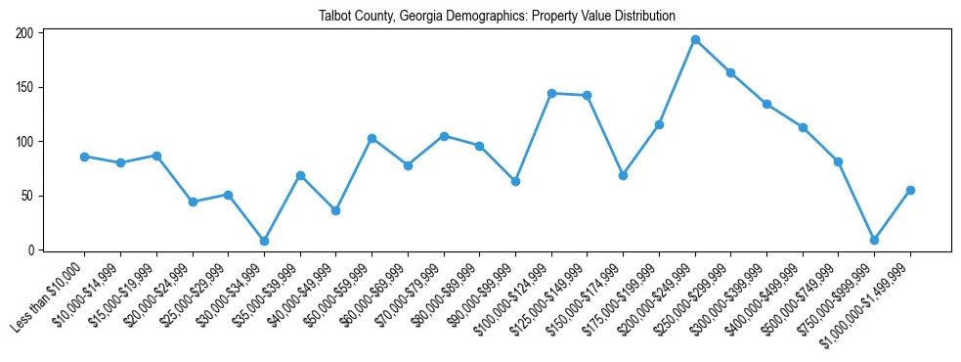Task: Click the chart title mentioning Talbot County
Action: pyautogui.click(x=497, y=17)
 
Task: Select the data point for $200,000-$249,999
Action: pyautogui.click(x=695, y=40)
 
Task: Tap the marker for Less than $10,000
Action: pyautogui.click(x=84, y=157)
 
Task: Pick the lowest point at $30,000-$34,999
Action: pyautogui.click(x=264, y=241)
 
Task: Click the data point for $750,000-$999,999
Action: pyautogui.click(x=874, y=240)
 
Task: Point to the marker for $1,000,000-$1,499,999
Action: pyautogui.click(x=910, y=190)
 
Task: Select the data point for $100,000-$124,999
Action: pyautogui.click(x=551, y=93)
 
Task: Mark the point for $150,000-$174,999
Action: pyautogui.click(x=623, y=175)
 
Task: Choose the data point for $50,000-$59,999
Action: pyautogui.click(x=371, y=139)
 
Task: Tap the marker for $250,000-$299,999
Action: pyautogui.click(x=730, y=72)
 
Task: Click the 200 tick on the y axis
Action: pyautogui.click(x=24, y=33)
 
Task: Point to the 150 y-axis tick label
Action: pyautogui.click(x=24, y=87)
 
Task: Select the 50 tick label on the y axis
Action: pyautogui.click(x=27, y=196)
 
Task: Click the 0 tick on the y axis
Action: pyautogui.click(x=30, y=250)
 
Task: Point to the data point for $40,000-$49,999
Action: pyautogui.click(x=335, y=210)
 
